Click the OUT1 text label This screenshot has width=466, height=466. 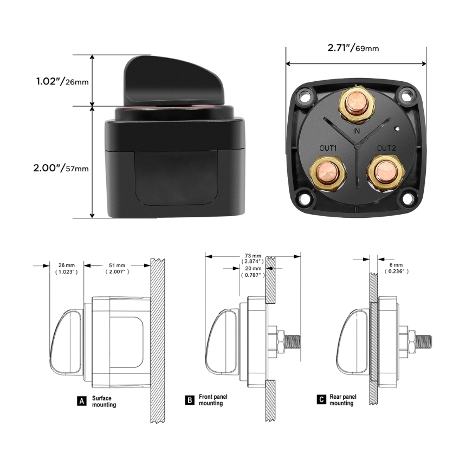[328, 148]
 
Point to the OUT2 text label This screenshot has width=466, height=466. [386, 148]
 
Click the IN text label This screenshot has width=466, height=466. [357, 131]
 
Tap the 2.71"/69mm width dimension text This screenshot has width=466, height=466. [353, 48]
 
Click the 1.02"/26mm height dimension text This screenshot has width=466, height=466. [62, 81]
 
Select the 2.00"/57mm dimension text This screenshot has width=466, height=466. [61, 168]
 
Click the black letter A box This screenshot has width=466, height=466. [82, 401]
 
